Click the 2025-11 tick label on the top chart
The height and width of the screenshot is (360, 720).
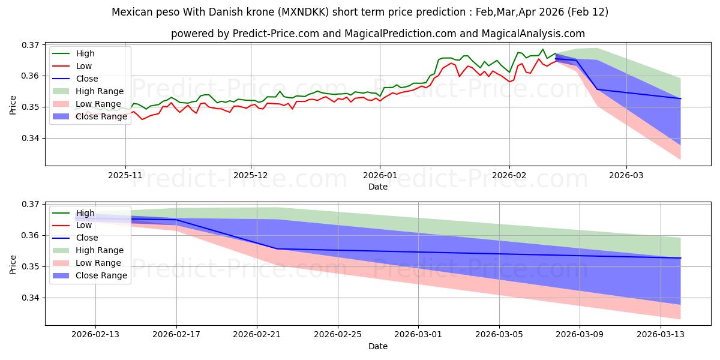(125, 176)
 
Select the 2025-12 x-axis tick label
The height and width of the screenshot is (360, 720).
(251, 176)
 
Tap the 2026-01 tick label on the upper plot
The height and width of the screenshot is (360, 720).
(379, 176)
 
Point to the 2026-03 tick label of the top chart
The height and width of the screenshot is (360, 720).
(626, 176)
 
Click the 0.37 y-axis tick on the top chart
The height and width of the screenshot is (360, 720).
(31, 45)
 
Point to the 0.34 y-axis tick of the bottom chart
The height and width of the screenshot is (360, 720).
(31, 298)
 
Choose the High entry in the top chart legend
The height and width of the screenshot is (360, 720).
(85, 53)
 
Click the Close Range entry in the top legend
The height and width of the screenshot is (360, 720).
(101, 116)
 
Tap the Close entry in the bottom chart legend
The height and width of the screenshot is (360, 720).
(87, 238)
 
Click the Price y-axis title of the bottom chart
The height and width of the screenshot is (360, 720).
(13, 264)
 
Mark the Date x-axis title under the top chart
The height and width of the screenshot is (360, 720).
(378, 187)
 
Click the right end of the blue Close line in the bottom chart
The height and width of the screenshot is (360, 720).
(680, 258)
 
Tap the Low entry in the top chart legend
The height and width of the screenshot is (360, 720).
(83, 66)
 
